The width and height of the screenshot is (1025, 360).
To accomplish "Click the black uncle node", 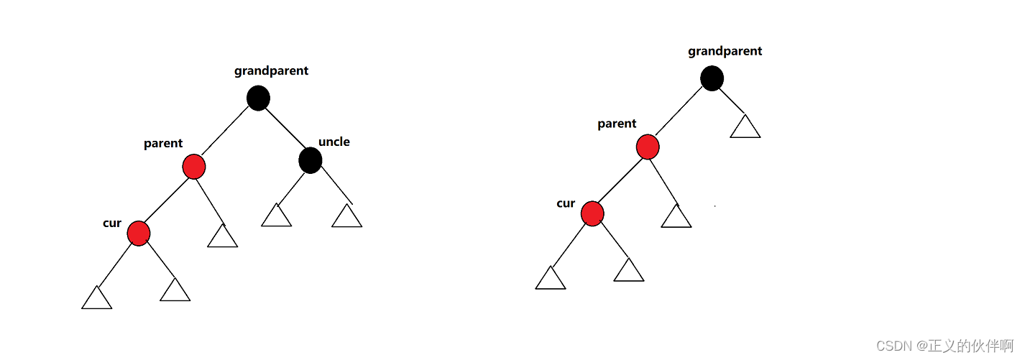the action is [310, 160].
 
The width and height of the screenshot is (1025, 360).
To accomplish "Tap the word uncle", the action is [334, 142].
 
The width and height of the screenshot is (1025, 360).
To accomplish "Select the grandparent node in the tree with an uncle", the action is [258, 98].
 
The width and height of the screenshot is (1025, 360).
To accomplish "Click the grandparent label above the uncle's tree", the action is [271, 70].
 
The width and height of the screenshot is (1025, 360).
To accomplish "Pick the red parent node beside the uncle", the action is [194, 167].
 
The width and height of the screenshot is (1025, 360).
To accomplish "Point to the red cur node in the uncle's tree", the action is [138, 233].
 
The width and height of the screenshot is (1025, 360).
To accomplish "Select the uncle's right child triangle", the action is [346, 217].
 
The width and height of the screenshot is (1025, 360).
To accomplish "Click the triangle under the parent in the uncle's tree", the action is [222, 237].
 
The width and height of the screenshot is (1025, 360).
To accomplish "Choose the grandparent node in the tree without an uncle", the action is [712, 78].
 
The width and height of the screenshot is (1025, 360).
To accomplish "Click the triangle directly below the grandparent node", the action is [745, 128].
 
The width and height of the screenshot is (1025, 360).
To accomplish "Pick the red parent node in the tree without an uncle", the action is [648, 147].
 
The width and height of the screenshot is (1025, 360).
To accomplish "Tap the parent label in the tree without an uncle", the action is [617, 124].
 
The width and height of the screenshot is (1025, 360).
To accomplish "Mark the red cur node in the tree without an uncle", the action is [592, 213].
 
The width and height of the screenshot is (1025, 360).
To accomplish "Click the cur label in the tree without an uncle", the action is [566, 203].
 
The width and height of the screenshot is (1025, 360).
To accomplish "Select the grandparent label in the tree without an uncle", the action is [725, 51].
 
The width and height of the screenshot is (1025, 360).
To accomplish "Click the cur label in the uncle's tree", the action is [112, 223].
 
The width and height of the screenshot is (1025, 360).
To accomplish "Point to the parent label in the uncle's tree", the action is [163, 143].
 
